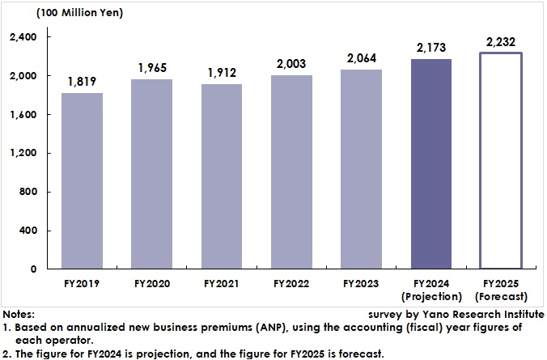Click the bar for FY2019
[x=83, y=181]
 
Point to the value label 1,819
[x=83, y=82]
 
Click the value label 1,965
[x=152, y=68]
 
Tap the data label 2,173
[x=430, y=48]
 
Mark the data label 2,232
[x=500, y=41]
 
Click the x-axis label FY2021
[x=222, y=284]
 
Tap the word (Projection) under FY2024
[x=430, y=296]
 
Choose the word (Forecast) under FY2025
[x=500, y=296]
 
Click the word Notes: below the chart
[x=18, y=314]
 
